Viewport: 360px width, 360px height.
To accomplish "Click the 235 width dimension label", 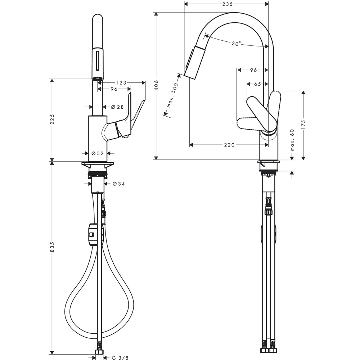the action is pyautogui.click(x=228, y=4).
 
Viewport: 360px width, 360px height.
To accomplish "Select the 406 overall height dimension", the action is pyautogui.click(x=156, y=85).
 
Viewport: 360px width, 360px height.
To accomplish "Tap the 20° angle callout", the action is pyautogui.click(x=236, y=44).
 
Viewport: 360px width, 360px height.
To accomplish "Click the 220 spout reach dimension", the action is pyautogui.click(x=229, y=145).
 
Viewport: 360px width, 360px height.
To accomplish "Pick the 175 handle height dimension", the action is pyautogui.click(x=303, y=125).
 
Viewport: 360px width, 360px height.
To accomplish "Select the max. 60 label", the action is pyautogui.click(x=292, y=140).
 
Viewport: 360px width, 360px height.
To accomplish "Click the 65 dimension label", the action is pyautogui.click(x=257, y=84).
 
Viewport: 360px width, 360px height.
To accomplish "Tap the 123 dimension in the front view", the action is pyautogui.click(x=121, y=83).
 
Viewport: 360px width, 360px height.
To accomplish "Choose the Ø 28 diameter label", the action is pyautogui.click(x=117, y=107).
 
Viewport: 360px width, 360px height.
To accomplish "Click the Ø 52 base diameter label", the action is pyautogui.click(x=98, y=153).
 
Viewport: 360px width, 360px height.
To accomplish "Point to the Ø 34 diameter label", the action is pyautogui.click(x=119, y=184).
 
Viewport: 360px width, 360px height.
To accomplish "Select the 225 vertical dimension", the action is pyautogui.click(x=52, y=120).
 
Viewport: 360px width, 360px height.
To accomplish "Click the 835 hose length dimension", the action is pyautogui.click(x=52, y=247).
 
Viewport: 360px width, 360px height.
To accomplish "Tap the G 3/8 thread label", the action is pyautogui.click(x=120, y=358).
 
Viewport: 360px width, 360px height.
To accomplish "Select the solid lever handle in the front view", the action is pyautogui.click(x=124, y=120).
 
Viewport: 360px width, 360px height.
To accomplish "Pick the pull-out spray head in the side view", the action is pyautogui.click(x=194, y=62).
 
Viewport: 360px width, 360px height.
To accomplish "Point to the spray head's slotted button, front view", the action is pyautogui.click(x=98, y=60).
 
